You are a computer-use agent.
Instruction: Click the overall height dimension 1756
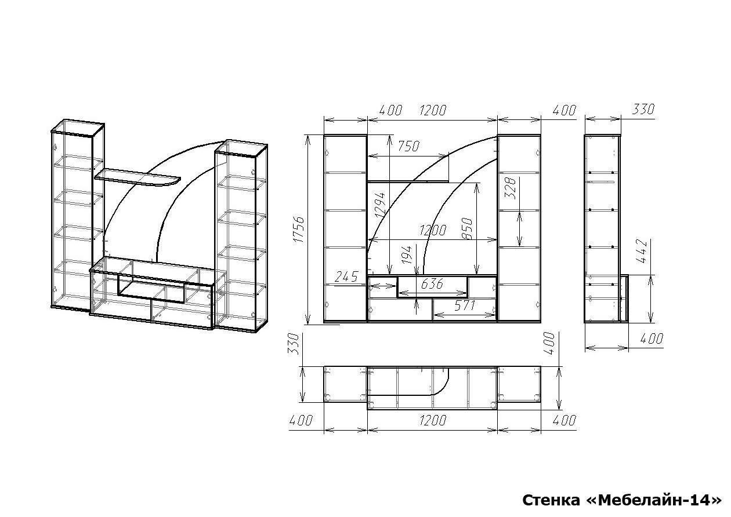pos(299,230)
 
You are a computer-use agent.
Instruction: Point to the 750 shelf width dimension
pos(408,147)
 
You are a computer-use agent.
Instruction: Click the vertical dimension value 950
pos(467,228)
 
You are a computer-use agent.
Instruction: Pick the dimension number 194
pos(407,255)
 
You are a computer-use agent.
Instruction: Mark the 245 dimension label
pos(346,276)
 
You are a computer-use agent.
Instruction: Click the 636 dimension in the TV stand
pos(432,284)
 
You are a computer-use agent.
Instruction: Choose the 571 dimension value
pos(464,305)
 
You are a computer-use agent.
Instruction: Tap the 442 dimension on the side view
pos(642,252)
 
